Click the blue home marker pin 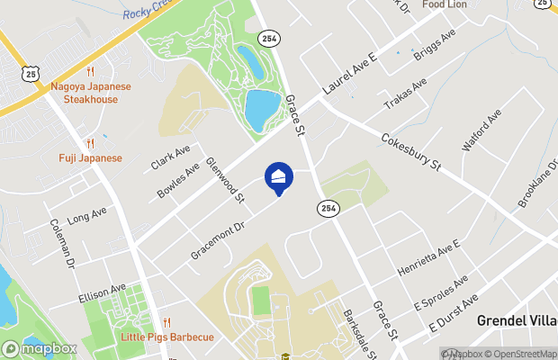(x=279, y=177)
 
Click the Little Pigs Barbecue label (x=167, y=337)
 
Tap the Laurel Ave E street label (x=347, y=80)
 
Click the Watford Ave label (x=480, y=130)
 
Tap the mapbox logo (x=40, y=348)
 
